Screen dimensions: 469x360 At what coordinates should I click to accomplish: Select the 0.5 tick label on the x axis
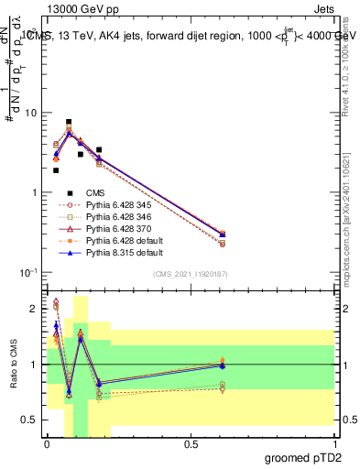click(x=191, y=444)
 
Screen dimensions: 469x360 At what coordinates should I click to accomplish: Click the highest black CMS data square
click(x=69, y=122)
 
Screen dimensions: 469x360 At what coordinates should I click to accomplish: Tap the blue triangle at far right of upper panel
click(x=325, y=234)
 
